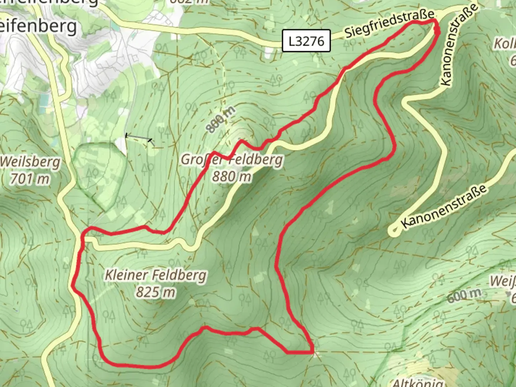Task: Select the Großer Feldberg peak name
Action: [x=232, y=159]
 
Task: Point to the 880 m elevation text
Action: [x=231, y=176]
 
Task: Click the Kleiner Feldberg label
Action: [x=156, y=275]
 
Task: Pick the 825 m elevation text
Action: [x=156, y=292]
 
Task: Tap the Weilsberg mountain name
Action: [x=30, y=162]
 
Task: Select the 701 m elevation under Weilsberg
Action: [x=29, y=178]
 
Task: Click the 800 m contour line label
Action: [x=221, y=120]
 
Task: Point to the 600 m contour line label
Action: [x=464, y=295]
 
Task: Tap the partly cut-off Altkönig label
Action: [x=417, y=382]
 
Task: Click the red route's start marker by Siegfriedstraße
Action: [x=437, y=30]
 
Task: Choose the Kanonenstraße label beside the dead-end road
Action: [x=444, y=206]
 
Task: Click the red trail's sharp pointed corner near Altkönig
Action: [x=313, y=352]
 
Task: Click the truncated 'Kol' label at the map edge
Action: [x=505, y=44]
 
